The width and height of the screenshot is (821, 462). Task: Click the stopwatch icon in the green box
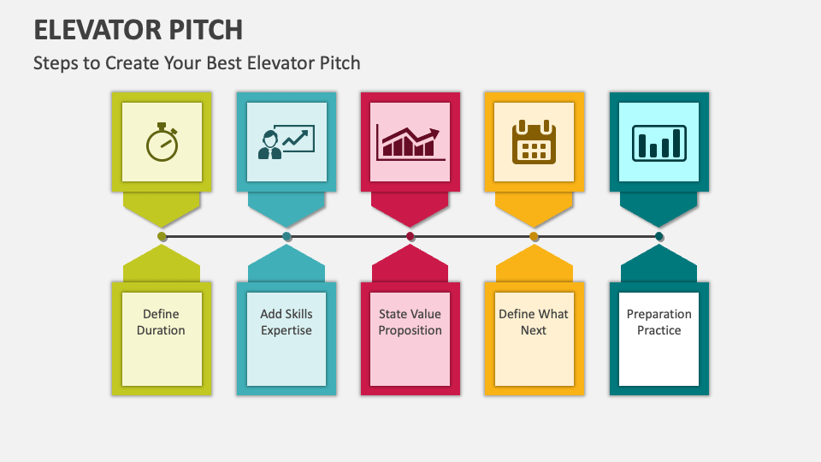[x=162, y=142]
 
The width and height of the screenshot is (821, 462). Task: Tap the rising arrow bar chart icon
[x=410, y=142]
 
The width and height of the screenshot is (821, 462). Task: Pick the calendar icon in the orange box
[x=535, y=142]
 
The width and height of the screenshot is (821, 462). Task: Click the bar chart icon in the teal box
[x=659, y=142]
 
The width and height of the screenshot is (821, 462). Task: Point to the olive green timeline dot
[x=162, y=236]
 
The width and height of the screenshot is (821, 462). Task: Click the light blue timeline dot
[x=286, y=236]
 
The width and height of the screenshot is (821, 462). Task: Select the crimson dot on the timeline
[x=410, y=236]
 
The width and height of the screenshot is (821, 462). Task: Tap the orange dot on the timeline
[x=535, y=236]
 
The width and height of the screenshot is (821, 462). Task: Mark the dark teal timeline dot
[x=659, y=236]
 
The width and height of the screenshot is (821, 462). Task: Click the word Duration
[x=161, y=330]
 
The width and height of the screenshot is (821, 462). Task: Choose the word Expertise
[x=286, y=330]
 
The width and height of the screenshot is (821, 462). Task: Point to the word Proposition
[x=410, y=330]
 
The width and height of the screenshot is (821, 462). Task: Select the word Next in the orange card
[x=534, y=330]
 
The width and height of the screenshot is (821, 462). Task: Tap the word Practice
[x=659, y=330]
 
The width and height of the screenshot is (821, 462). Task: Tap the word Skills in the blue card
[x=298, y=314]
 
